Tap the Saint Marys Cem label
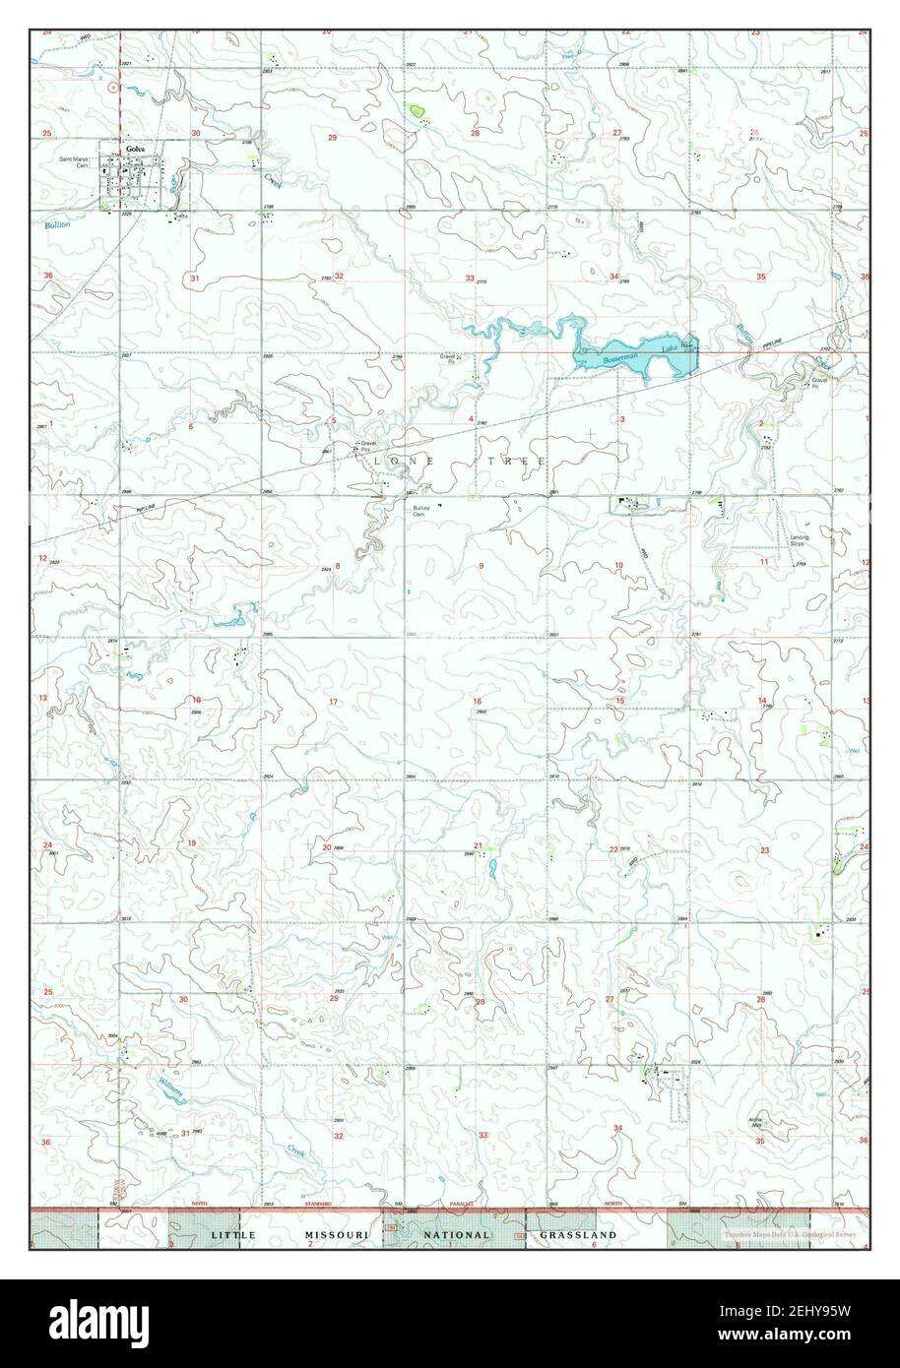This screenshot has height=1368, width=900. click(75, 162)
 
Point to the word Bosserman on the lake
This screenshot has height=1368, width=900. click(621, 360)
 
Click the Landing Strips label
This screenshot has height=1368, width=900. click(800, 540)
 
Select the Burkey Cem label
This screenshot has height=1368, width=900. click(420, 511)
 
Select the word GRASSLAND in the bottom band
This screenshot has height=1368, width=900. click(578, 1234)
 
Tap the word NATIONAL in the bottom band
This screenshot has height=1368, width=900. click(457, 1234)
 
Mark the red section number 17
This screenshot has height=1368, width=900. click(333, 702)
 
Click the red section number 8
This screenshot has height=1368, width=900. click(337, 566)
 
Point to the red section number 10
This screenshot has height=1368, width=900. click(618, 565)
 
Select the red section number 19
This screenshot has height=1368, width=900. click(191, 842)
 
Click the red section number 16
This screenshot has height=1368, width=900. click(477, 702)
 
